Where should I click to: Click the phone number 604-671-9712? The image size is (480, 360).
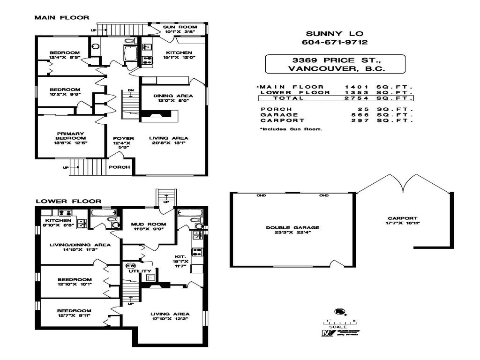coord(335,42)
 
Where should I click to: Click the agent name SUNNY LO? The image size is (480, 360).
coord(335,33)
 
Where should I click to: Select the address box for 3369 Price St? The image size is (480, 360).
coord(335,64)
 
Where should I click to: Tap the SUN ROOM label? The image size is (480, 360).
coord(175,27)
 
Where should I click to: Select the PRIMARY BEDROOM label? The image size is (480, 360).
coord(71,135)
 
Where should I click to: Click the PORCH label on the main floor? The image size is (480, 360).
coord(119,167)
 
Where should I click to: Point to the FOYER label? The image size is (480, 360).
coord(124,138)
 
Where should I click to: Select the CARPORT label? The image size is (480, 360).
coord(402,218)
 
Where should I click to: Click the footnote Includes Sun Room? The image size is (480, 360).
coord(291,129)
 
